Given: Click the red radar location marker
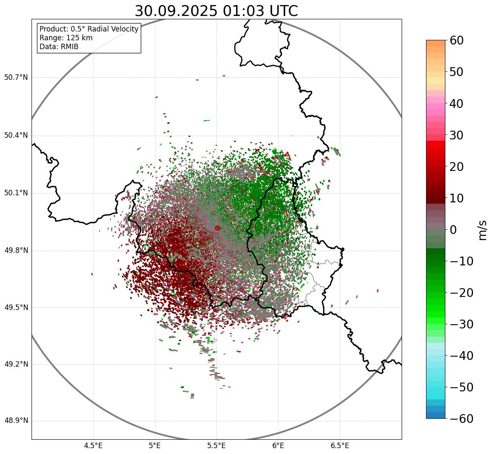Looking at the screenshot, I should [x=217, y=228].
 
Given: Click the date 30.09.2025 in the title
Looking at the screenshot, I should [x=175, y=11].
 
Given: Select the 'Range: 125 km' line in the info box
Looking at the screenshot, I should [x=66, y=38].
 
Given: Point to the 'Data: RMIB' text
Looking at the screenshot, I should [x=59, y=47].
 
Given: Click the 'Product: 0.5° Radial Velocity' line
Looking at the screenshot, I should [x=89, y=29].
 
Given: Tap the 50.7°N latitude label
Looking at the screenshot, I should [x=16, y=78].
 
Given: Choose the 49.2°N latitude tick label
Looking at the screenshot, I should [x=16, y=364].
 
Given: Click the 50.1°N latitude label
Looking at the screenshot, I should [x=16, y=193].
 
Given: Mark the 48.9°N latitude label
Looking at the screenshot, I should [x=16, y=421].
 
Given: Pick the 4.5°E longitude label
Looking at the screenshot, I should [x=93, y=445].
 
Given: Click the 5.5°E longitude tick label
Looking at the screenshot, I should [x=216, y=445].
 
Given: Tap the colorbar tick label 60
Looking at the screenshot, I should [x=457, y=40].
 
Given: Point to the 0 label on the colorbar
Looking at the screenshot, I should [x=453, y=230].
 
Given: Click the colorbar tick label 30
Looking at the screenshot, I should [x=457, y=135].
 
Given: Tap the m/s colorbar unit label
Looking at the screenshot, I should [x=483, y=229].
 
